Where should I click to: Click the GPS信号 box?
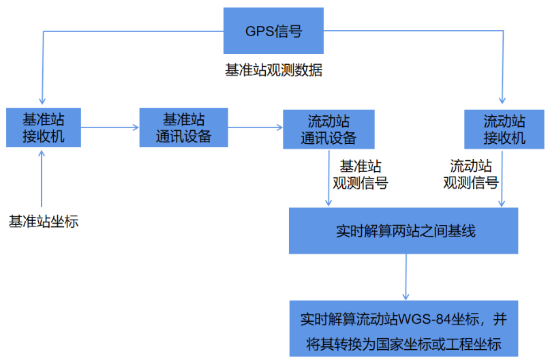273,31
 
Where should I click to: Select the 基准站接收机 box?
43,127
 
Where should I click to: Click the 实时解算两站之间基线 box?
403,230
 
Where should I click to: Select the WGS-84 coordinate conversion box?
403,328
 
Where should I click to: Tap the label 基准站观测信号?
361,174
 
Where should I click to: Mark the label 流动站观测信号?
471,174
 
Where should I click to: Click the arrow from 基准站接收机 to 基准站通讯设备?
110,127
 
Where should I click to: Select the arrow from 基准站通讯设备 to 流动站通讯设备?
255,127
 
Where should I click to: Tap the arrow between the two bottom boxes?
406,276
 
